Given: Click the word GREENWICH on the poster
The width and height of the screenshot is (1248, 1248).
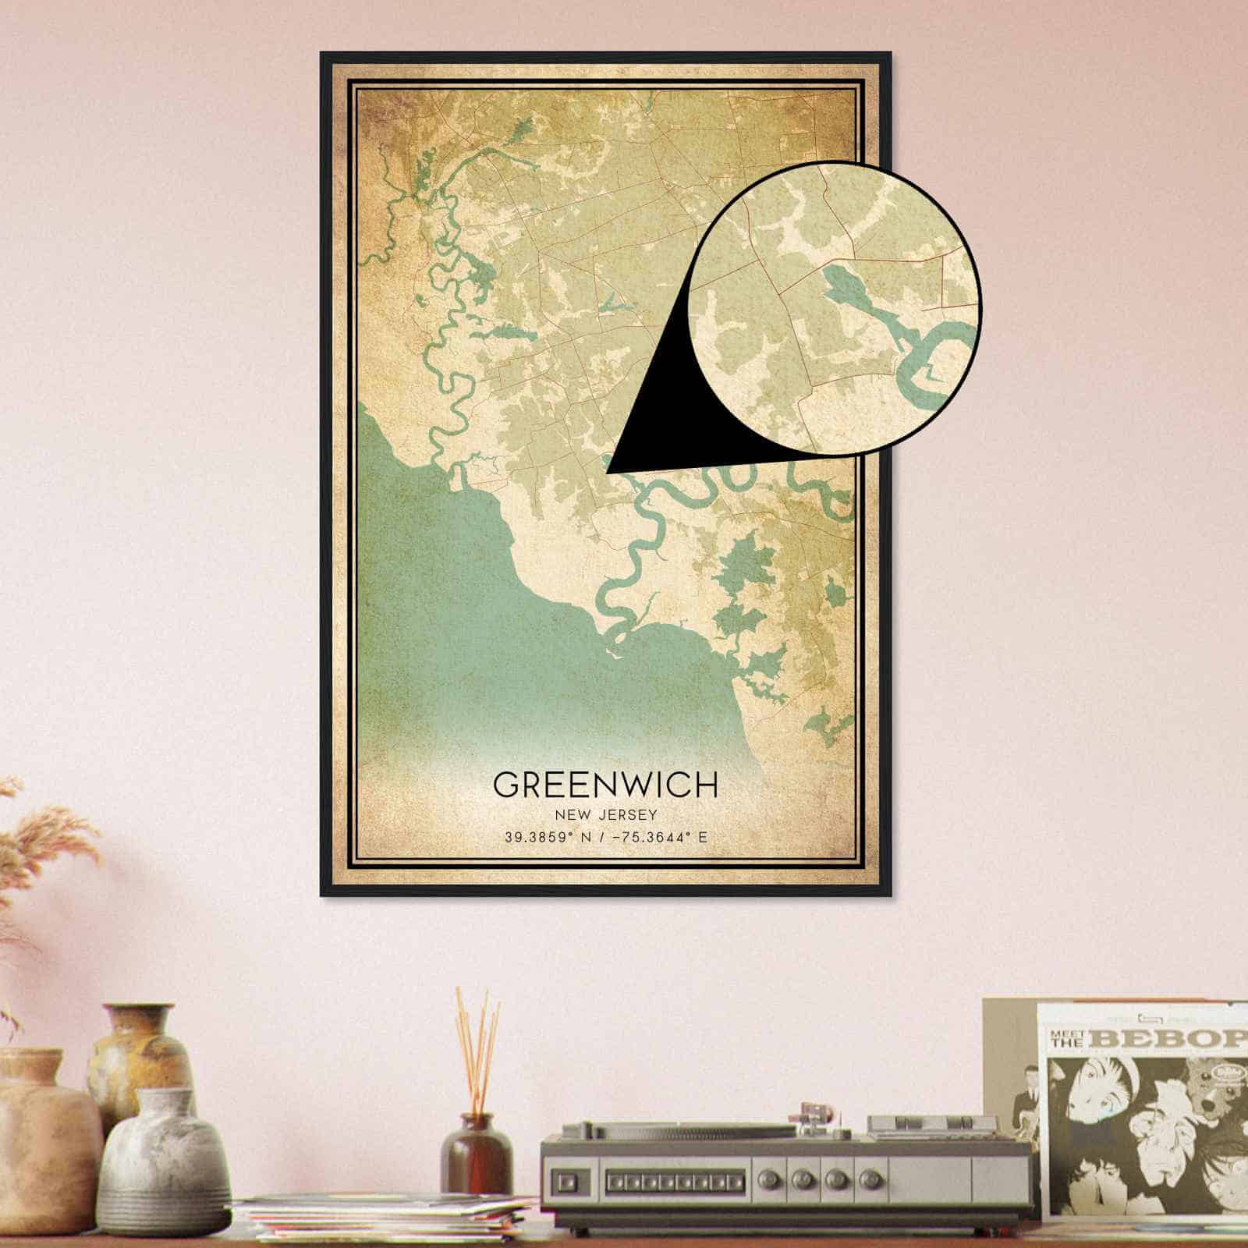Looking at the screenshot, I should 604,784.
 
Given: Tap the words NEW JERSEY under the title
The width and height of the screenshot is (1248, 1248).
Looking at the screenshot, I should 605,815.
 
